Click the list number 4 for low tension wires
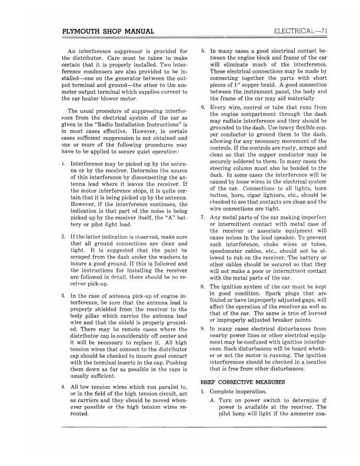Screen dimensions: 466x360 [x=63, y=387]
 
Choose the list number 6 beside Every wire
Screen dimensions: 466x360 [x=202, y=108]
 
